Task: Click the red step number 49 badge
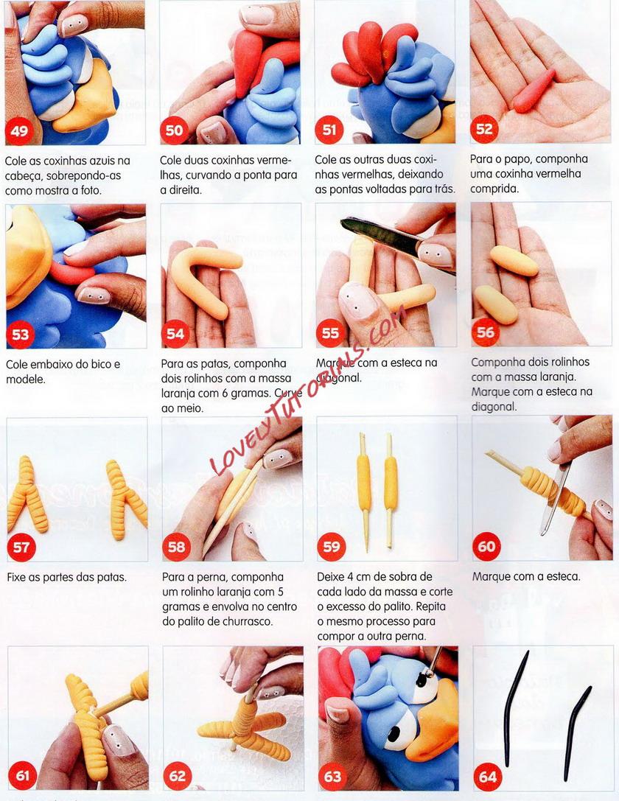pos(19,130)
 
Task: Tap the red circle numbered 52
pos(484,129)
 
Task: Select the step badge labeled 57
pos(21,547)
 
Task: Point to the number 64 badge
pos(488,777)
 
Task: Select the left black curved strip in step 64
pos(514,707)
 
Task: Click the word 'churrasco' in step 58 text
pos(247,622)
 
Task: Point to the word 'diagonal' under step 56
pos(494,407)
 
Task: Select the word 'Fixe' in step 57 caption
pos(17,577)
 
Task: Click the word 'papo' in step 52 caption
pos(519,160)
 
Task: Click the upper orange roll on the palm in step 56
pos(514,261)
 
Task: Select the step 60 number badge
pos(486,546)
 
